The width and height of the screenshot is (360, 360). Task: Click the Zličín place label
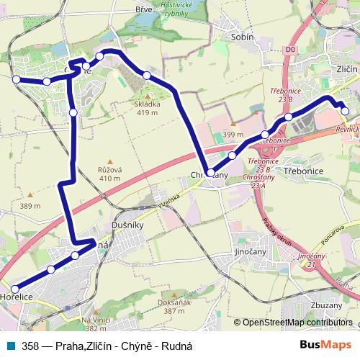coord(346,68)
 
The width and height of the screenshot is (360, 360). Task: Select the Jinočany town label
coord(251,252)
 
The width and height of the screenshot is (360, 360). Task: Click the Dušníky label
coord(130,225)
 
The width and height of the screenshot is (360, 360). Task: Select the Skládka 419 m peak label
coord(147,108)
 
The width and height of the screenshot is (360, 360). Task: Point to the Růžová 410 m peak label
coord(109,174)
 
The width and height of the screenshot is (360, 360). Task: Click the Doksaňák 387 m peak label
coord(170,307)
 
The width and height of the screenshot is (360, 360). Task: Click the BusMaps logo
coord(325,346)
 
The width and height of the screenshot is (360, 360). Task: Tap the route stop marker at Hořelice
coord(16,289)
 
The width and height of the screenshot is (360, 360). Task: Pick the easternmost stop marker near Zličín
coord(345,111)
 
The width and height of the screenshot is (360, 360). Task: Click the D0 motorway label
coord(290,50)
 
